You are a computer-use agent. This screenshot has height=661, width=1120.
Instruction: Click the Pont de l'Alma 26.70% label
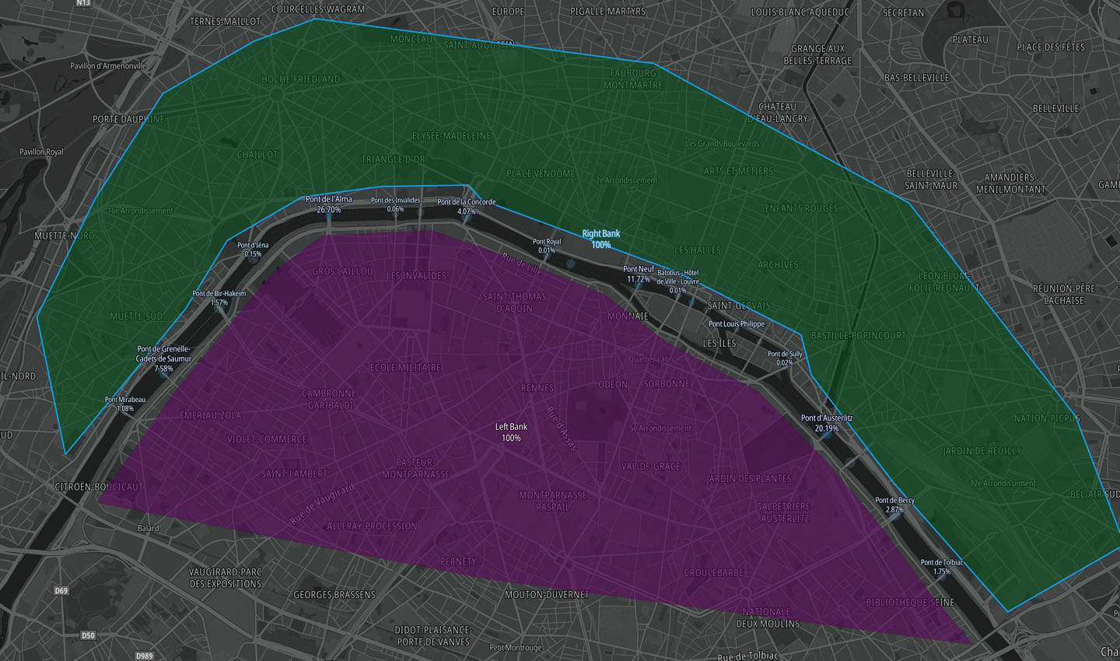click(328, 205)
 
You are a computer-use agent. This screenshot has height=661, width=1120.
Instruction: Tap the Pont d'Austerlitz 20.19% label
click(827, 423)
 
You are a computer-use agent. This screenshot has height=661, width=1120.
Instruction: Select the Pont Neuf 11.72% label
click(639, 275)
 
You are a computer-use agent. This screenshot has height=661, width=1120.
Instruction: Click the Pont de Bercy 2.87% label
click(894, 505)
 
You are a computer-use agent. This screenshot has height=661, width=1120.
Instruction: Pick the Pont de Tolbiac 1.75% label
click(941, 567)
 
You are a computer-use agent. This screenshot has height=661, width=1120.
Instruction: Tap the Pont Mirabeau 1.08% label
click(124, 404)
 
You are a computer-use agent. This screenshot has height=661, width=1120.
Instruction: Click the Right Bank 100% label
click(601, 239)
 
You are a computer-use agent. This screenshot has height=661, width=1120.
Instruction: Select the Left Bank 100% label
click(511, 432)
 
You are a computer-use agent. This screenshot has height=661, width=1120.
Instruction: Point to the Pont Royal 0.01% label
click(547, 246)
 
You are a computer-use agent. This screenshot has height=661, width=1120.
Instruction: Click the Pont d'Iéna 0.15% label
click(253, 250)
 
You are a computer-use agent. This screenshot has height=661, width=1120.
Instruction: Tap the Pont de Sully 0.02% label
click(784, 358)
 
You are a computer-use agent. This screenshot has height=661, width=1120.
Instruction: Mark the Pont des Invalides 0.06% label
click(395, 205)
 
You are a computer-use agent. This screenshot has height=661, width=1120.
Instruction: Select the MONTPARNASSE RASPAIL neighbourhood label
click(552, 501)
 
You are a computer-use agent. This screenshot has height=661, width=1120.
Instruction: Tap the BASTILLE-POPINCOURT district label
click(858, 336)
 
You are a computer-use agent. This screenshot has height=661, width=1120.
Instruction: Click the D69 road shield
click(61, 591)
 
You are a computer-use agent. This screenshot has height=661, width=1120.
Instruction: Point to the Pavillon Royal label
click(41, 152)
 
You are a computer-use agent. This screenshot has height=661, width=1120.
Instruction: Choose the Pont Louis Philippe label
click(736, 324)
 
